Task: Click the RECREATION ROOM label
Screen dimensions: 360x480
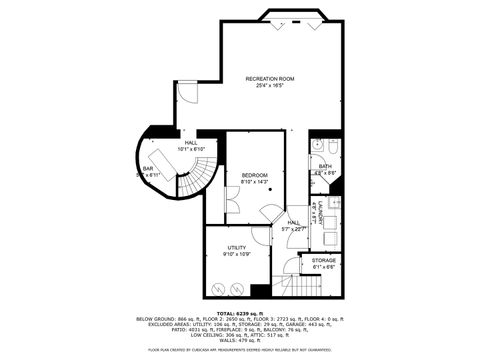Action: [272, 78]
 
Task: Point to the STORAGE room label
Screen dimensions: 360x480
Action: [325, 259]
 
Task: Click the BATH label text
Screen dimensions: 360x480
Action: [325, 166]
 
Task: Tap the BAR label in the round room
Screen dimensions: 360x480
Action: [147, 170]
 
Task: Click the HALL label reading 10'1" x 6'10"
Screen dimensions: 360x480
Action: [190, 143]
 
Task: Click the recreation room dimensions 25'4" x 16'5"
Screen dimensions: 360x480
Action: [272, 86]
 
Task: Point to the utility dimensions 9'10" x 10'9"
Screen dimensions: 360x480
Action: [237, 254]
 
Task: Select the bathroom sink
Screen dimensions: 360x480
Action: [316, 146]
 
